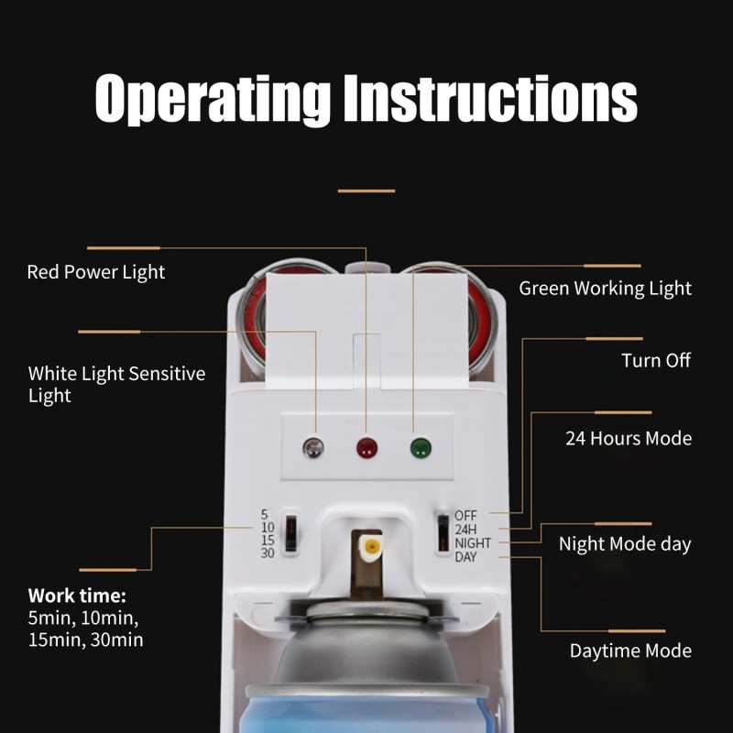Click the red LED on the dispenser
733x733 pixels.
pyautogui.click(x=366, y=448)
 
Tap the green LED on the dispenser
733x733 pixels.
pyautogui.click(x=421, y=448)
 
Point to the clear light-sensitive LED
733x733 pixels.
pyautogui.click(x=313, y=448)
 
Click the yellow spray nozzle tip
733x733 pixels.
pyautogui.click(x=372, y=545)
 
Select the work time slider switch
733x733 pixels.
pyautogui.click(x=290, y=532)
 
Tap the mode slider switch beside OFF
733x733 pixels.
pyautogui.click(x=443, y=532)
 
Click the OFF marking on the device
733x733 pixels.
pyautogui.click(x=465, y=516)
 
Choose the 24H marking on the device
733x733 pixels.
pyautogui.click(x=465, y=530)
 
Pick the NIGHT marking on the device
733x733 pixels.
pyautogui.click(x=473, y=543)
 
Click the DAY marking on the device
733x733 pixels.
pyautogui.click(x=465, y=557)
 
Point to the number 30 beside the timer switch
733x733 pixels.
pyautogui.click(x=268, y=553)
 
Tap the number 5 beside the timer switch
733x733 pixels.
pyautogui.click(x=264, y=515)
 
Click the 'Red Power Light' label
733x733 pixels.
pyautogui.click(x=96, y=272)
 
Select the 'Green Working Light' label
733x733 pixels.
pyautogui.click(x=605, y=289)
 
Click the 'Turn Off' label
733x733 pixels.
pyautogui.click(x=656, y=360)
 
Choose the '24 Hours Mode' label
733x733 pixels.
pyautogui.click(x=629, y=439)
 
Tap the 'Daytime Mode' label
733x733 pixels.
pyautogui.click(x=630, y=651)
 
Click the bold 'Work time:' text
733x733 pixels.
pyautogui.click(x=77, y=596)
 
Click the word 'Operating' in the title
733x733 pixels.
pyautogui.click(x=213, y=99)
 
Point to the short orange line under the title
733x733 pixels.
pyautogui.click(x=366, y=191)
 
